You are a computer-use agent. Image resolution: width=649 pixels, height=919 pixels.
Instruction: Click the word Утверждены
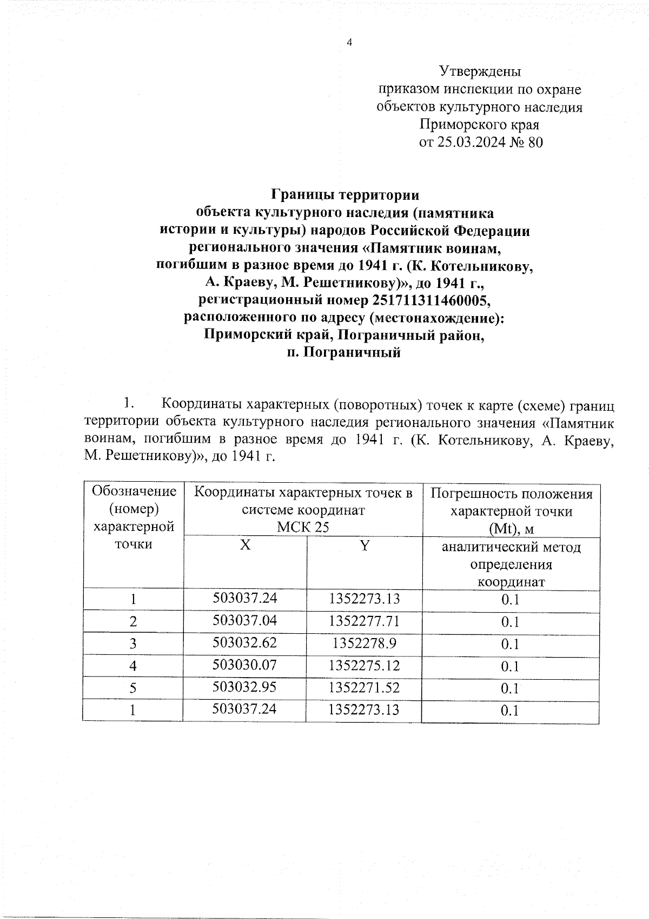pyautogui.click(x=480, y=71)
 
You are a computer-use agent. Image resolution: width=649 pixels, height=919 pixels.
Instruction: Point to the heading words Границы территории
pyautogui.click(x=345, y=194)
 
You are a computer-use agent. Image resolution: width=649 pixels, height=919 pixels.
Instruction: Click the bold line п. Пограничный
pyautogui.click(x=345, y=353)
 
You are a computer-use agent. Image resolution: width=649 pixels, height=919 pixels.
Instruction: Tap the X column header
pyautogui.click(x=245, y=546)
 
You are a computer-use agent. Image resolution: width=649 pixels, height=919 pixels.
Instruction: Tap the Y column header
pyautogui.click(x=365, y=546)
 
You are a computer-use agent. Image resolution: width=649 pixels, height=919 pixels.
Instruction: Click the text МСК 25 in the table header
pyautogui.click(x=303, y=527)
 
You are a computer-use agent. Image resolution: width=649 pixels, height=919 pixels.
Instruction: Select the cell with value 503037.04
pyautogui.click(x=245, y=620)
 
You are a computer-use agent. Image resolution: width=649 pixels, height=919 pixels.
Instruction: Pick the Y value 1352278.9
pyautogui.click(x=364, y=643)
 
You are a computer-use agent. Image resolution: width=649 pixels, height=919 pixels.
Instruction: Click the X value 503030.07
pyautogui.click(x=245, y=665)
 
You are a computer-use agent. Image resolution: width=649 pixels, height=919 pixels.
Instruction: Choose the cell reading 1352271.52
pyautogui.click(x=364, y=687)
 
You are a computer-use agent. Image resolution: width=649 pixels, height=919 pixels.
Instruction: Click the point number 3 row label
pyautogui.click(x=133, y=644)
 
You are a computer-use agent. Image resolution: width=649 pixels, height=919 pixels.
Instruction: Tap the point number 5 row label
pyautogui.click(x=133, y=688)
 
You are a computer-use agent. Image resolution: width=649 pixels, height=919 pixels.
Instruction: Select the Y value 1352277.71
pyautogui.click(x=364, y=620)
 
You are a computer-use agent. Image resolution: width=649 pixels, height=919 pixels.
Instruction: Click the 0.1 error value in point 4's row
pyautogui.click(x=510, y=666)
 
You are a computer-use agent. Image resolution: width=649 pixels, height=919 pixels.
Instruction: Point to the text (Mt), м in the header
pyautogui.click(x=511, y=528)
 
